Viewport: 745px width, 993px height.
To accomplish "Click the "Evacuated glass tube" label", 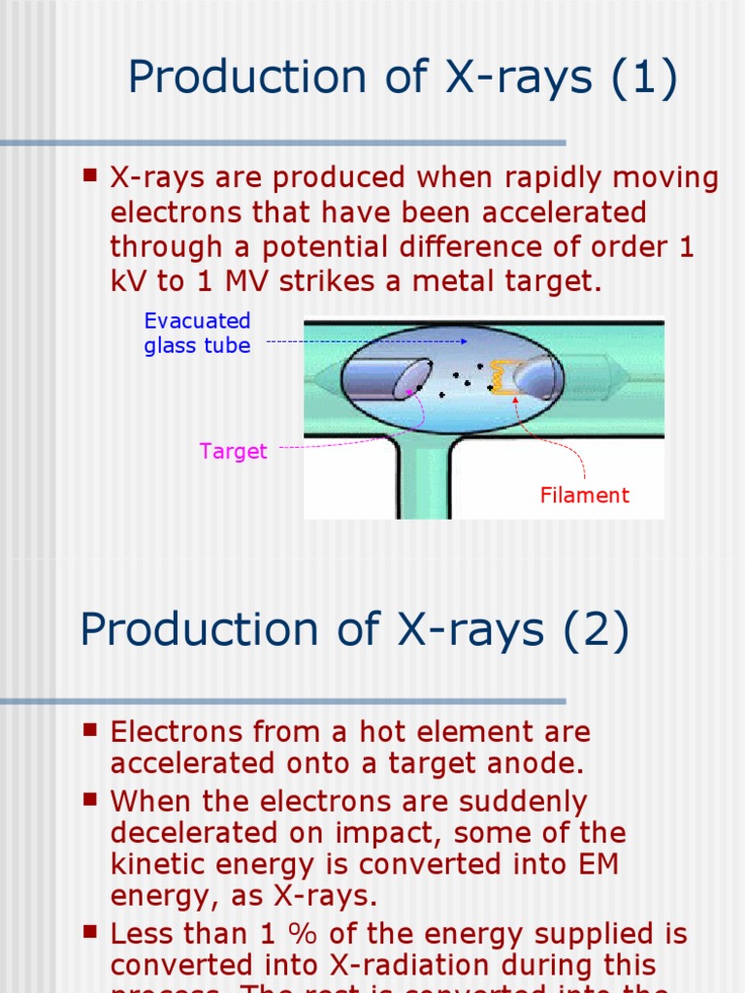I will coord(197,333).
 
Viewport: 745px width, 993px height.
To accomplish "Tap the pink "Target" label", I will coord(233,451).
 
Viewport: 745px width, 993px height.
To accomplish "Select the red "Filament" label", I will coord(584,495).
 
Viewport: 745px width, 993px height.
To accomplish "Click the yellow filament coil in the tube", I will coord(502,377).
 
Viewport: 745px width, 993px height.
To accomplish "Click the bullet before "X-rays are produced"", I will coord(90,176).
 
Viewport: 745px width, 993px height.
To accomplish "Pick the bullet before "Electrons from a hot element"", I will coord(90,729).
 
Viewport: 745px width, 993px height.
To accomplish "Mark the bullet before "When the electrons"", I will coord(90,799).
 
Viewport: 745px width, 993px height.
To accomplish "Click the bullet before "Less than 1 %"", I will coord(90,932).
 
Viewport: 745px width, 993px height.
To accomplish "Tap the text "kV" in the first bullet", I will coord(126,281).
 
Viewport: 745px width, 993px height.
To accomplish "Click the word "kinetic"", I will coord(155,864).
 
